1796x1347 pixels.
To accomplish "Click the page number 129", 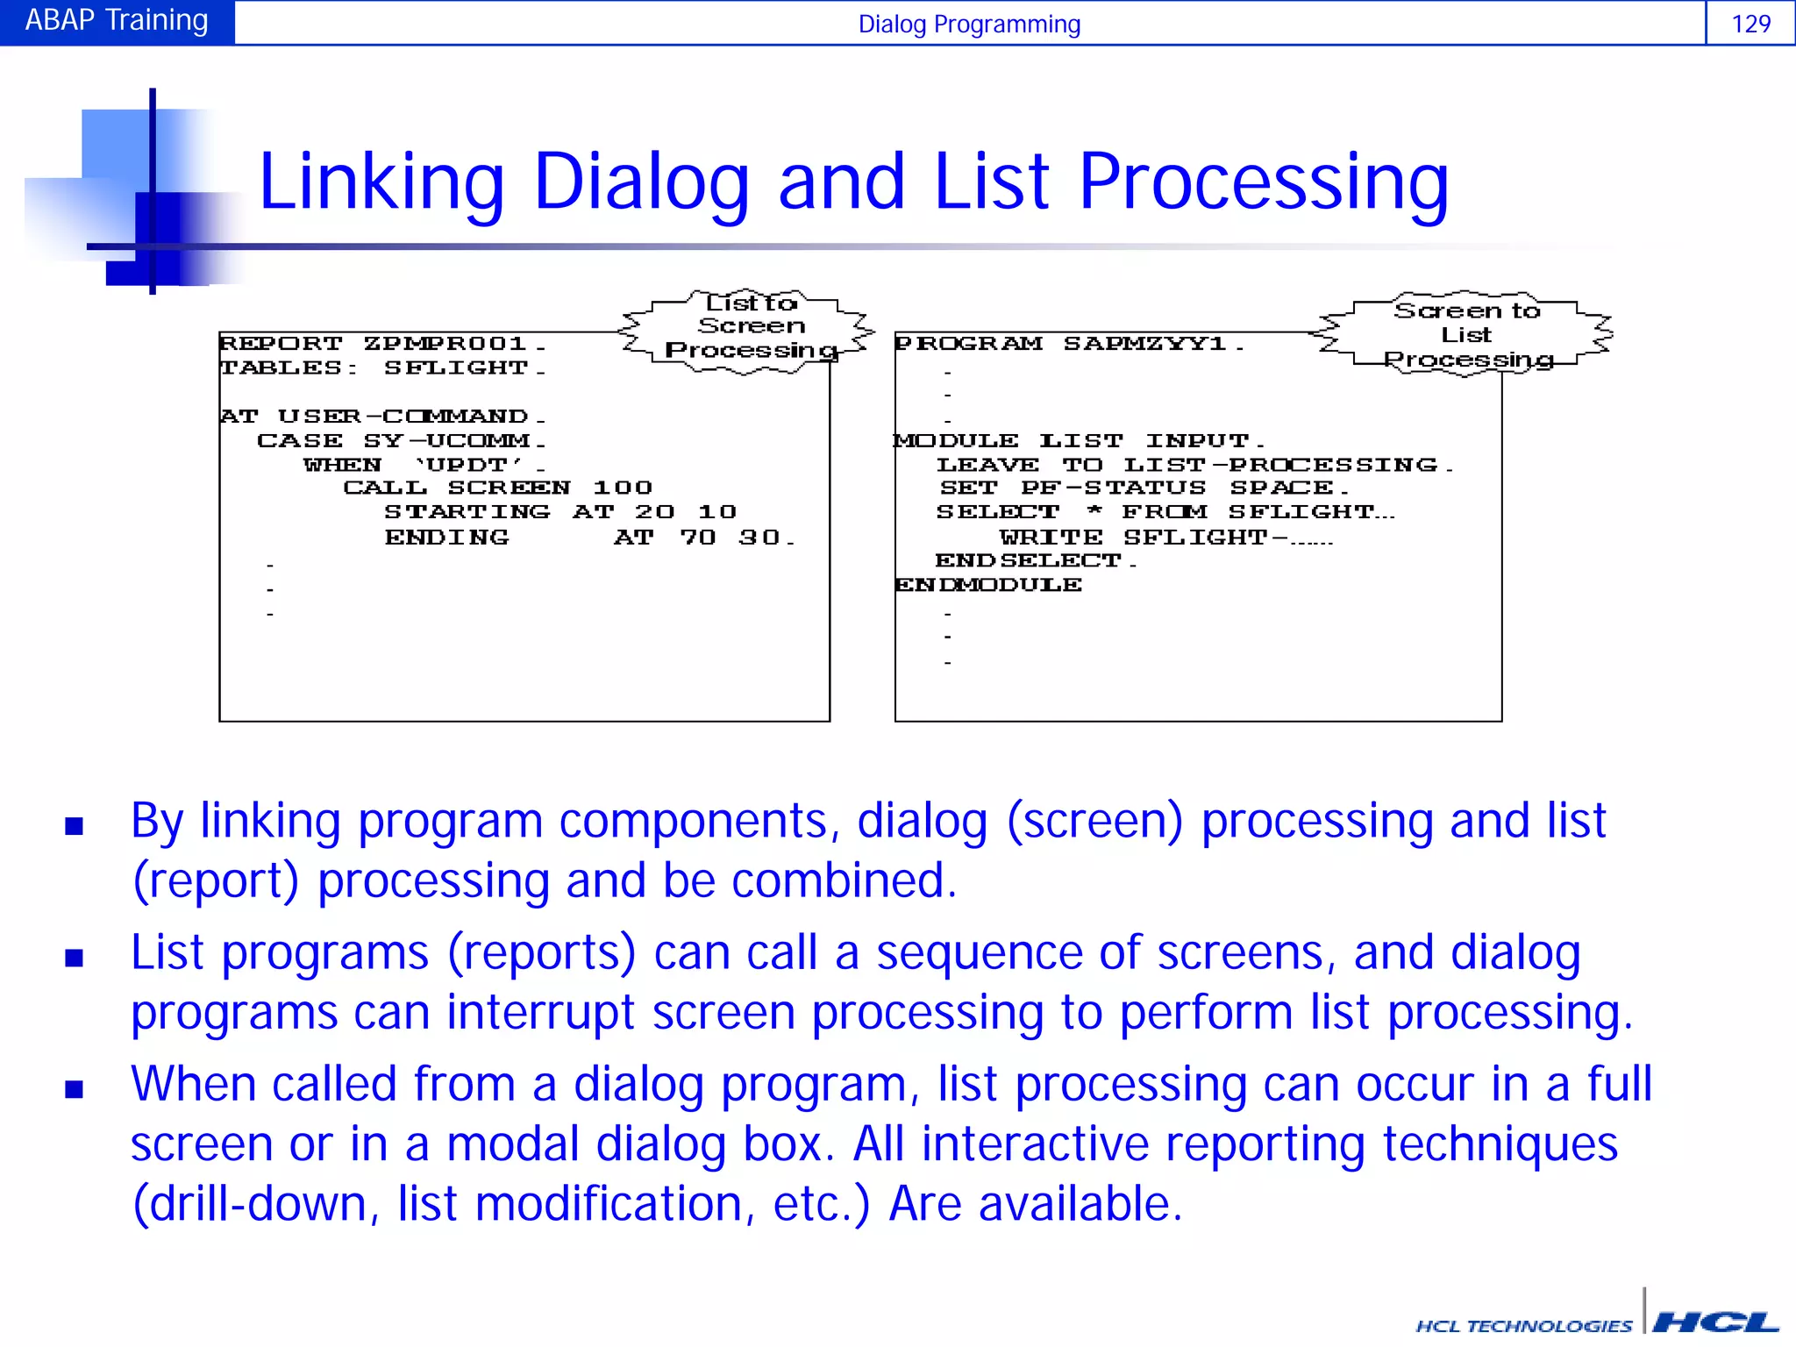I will tap(1750, 24).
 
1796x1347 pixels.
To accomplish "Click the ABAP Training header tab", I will tap(117, 21).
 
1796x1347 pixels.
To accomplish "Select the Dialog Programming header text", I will tap(969, 24).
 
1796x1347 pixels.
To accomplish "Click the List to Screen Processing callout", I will tap(750, 328).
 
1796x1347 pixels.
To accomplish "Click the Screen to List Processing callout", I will tap(1466, 334).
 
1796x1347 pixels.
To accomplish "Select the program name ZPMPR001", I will tap(445, 343).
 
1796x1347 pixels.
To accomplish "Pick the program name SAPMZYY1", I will tap(1144, 343).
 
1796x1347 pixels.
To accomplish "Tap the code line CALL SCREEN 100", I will tap(497, 488).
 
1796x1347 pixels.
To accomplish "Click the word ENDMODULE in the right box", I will tap(988, 585).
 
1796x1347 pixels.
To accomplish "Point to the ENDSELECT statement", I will tap(1028, 560).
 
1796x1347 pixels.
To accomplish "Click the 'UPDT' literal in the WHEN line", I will tap(468, 464).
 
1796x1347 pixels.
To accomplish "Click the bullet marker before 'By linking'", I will tap(75, 825).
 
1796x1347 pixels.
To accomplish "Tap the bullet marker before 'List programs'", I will tap(75, 957).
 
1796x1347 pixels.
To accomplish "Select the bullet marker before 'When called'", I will tap(75, 1088).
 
